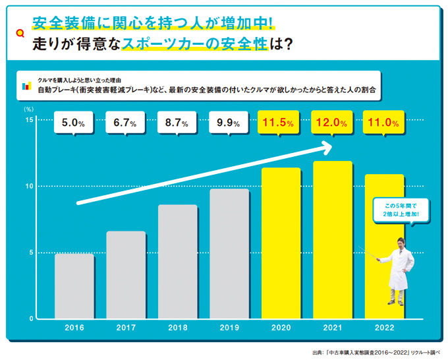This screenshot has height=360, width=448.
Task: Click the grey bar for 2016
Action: tap(74, 286)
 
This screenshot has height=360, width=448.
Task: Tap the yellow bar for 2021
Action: tap(332, 240)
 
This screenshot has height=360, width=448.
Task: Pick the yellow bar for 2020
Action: tap(281, 243)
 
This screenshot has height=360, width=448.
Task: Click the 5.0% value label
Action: tap(74, 123)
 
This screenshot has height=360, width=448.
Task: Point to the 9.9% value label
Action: tap(229, 123)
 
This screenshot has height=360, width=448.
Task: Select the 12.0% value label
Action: tap(332, 123)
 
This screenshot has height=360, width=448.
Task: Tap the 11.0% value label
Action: tap(383, 123)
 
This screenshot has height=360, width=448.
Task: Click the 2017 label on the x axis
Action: tap(125, 327)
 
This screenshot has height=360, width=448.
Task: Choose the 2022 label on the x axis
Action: tap(383, 327)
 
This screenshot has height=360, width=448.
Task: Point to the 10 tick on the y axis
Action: tap(29, 186)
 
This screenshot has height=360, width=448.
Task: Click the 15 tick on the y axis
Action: tap(29, 119)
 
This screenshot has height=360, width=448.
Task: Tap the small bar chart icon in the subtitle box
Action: tap(26, 85)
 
